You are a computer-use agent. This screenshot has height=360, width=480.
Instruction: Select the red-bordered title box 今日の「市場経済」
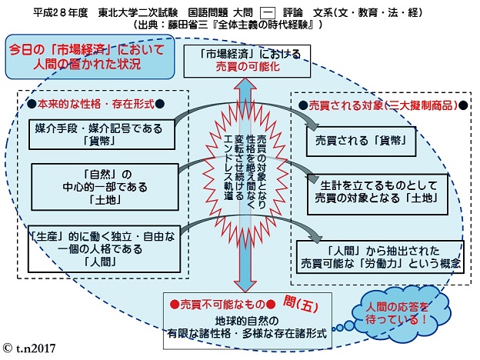point(75,56)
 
